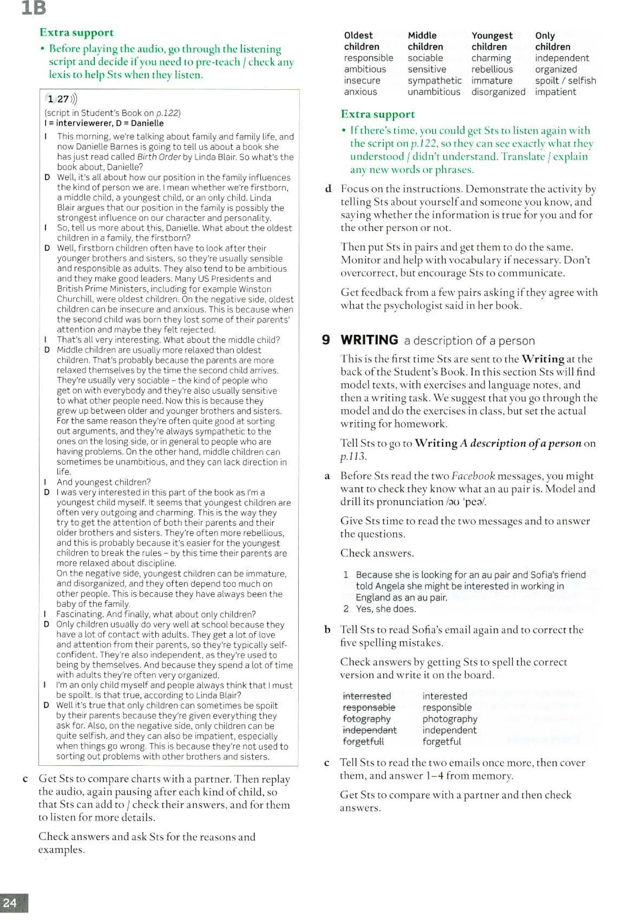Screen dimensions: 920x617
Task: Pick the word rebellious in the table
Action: (492, 69)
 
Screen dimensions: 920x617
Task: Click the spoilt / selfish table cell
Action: (565, 81)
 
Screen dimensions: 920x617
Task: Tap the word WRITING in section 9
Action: (369, 340)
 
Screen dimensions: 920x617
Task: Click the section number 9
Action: (325, 340)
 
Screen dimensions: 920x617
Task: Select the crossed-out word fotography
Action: (366, 719)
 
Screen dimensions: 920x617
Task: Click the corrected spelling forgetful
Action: (441, 741)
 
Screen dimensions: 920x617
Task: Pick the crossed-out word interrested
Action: (367, 696)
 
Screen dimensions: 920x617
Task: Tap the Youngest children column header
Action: (492, 41)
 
